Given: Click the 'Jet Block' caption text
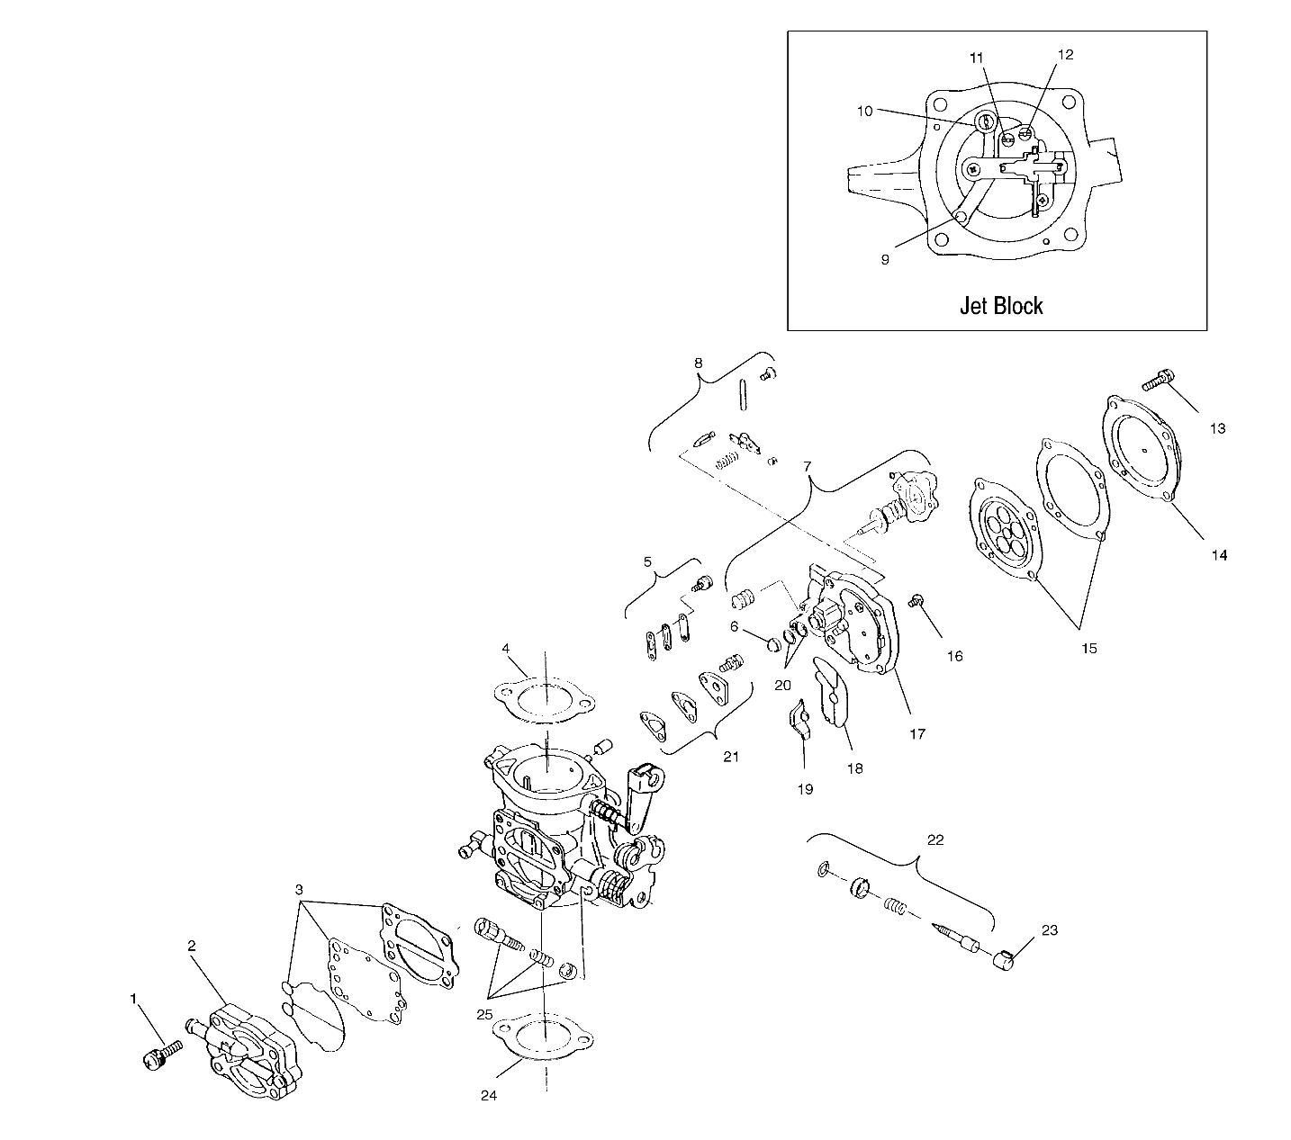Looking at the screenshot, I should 1000,306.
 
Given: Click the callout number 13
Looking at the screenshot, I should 1217,428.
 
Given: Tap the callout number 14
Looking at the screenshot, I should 1218,555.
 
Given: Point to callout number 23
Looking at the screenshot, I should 1050,930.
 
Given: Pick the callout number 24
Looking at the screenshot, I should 488,1095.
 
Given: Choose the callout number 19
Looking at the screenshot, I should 805,789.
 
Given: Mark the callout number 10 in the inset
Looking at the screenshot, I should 864,111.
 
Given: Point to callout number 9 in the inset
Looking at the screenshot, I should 885,258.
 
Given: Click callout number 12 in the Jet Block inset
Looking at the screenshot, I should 1065,55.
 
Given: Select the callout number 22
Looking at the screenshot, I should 935,839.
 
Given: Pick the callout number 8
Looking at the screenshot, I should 698,363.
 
